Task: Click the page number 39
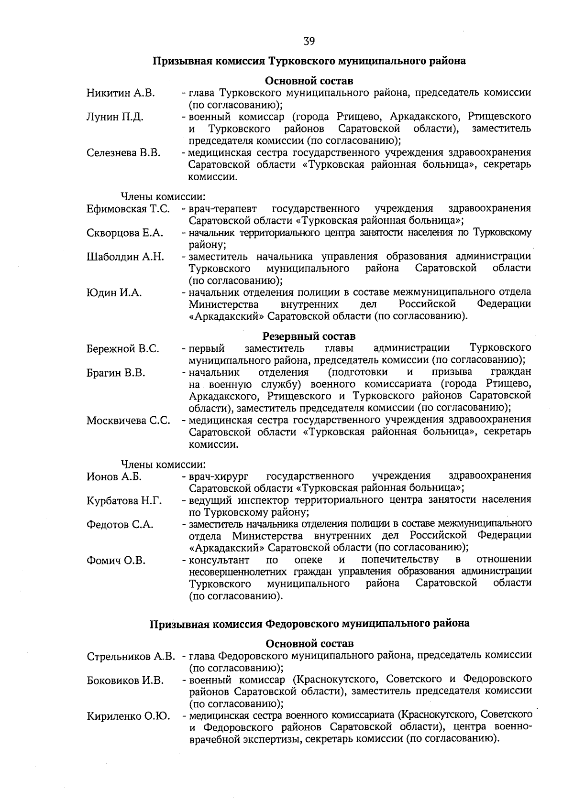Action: coord(309,42)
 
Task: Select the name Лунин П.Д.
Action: coord(115,117)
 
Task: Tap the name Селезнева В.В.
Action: coord(123,153)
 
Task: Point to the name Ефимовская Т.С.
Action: coord(128,209)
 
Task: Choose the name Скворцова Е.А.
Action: coord(125,233)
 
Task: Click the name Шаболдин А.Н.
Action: coord(125,257)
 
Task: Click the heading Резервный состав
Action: coord(309,336)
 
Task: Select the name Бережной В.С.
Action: coord(123,349)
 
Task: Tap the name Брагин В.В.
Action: coord(116,373)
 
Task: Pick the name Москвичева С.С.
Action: coord(128,421)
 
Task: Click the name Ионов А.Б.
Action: coord(114,476)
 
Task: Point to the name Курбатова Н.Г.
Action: coord(124,500)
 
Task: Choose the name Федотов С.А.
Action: coord(120,524)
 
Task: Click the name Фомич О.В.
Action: coord(116,560)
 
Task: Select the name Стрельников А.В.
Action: coord(131,656)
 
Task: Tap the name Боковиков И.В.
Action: coord(125,680)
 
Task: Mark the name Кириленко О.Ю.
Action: coord(128,716)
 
